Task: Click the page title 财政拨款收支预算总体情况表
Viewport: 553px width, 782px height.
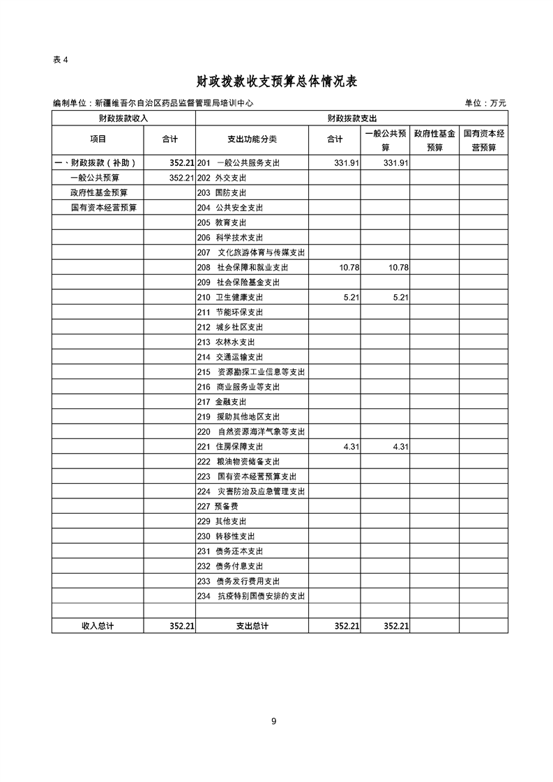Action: pyautogui.click(x=277, y=82)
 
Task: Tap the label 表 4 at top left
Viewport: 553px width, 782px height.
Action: pyautogui.click(x=61, y=59)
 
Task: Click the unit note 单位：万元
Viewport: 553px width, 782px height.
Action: pyautogui.click(x=485, y=103)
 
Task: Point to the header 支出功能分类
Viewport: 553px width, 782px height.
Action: pyautogui.click(x=252, y=139)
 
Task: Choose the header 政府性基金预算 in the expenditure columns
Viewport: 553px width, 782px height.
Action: pyautogui.click(x=434, y=140)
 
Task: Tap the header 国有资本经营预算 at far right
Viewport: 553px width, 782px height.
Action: pyautogui.click(x=484, y=140)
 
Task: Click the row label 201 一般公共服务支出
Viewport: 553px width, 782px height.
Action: pyautogui.click(x=238, y=163)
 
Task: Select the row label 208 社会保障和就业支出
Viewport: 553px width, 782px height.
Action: pyautogui.click(x=243, y=268)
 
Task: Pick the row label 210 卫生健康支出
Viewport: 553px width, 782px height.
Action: pyautogui.click(x=230, y=298)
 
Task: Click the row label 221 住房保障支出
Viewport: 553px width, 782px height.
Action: pyautogui.click(x=230, y=447)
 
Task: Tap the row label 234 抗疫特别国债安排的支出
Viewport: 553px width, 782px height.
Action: pyautogui.click(x=252, y=597)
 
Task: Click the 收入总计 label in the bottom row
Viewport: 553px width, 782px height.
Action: pyautogui.click(x=98, y=627)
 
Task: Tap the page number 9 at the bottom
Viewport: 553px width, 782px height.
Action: pyautogui.click(x=274, y=721)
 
